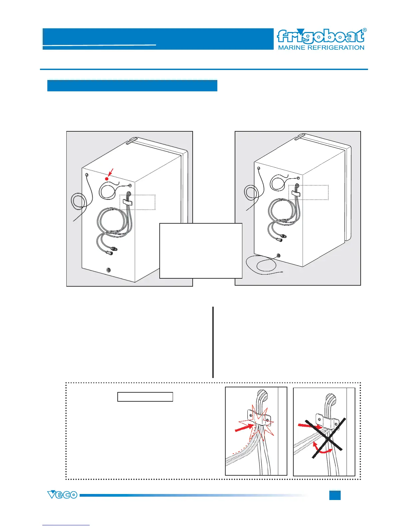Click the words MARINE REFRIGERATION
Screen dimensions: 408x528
point(321,48)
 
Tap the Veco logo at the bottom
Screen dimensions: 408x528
point(62,495)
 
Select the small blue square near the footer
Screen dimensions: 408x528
point(335,495)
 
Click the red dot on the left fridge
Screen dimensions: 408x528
point(107,179)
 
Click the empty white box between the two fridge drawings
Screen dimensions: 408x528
point(201,251)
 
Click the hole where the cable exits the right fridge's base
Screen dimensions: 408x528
point(279,256)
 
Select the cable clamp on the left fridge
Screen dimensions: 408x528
point(127,201)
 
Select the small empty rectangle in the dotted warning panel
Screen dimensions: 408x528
point(145,397)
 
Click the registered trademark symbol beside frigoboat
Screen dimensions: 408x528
point(365,30)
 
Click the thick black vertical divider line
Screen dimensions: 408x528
point(213,342)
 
